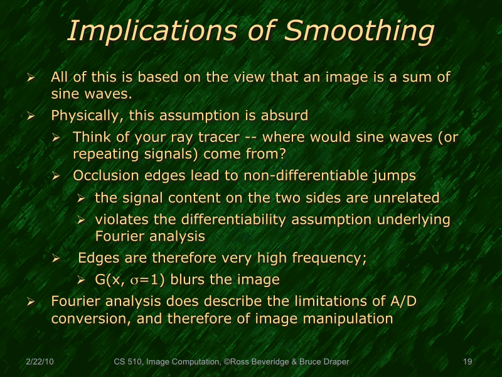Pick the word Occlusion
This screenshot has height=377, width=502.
102,176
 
